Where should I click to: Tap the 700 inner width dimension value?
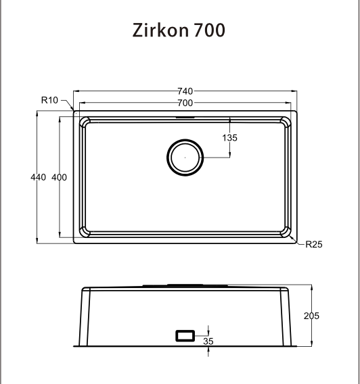(185, 103)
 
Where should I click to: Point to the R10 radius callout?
(49, 100)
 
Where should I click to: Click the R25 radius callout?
(313, 245)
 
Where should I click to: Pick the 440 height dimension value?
(39, 177)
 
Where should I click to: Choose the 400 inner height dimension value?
(59, 177)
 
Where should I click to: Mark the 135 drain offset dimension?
(229, 138)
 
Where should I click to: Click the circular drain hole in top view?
(183, 158)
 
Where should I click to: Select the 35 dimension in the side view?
(208, 341)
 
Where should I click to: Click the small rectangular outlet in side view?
(185, 335)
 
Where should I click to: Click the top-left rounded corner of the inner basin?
(85, 122)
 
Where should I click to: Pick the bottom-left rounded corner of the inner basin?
(85, 233)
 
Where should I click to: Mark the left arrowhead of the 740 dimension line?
(75, 91)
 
